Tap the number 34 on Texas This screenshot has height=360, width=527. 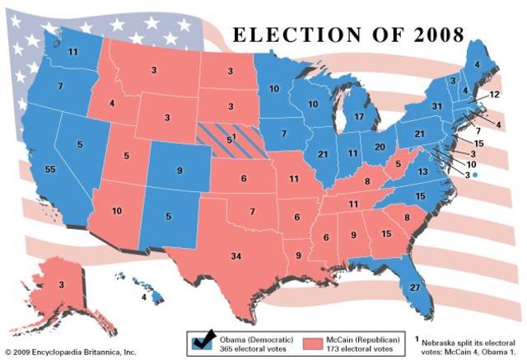[236, 257]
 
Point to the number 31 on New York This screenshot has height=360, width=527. [437, 106]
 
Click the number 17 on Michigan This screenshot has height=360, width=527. [359, 117]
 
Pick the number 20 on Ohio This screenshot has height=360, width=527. [380, 146]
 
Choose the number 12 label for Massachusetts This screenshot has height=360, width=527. [494, 96]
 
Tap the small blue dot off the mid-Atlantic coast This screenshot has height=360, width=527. [474, 175]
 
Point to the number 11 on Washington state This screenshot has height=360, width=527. [73, 51]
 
